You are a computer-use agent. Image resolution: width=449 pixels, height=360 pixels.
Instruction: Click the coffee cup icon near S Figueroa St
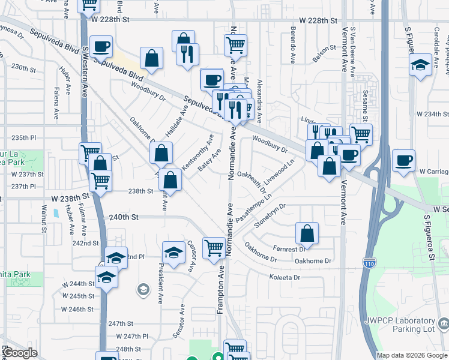pyautogui.click(x=403, y=160)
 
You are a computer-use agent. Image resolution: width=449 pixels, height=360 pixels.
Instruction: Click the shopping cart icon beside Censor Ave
pyautogui.click(x=213, y=248)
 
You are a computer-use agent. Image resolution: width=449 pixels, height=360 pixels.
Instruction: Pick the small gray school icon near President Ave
pyautogui.click(x=143, y=290)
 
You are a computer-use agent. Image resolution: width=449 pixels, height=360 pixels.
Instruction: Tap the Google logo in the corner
pyautogui.click(x=20, y=353)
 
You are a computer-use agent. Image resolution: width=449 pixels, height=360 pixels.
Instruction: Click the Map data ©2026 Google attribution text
pyautogui.click(x=412, y=355)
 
